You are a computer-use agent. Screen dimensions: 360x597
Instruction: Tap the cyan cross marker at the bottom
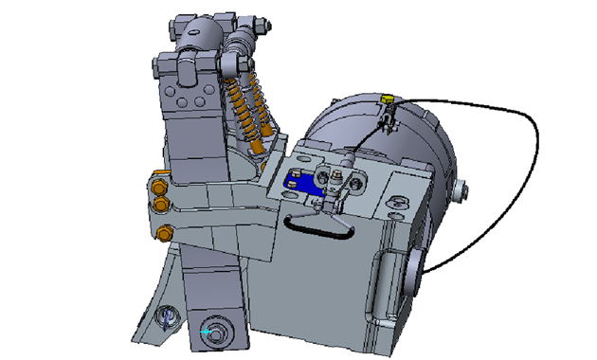click(207, 333)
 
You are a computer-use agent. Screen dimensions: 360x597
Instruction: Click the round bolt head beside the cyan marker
click(221, 331)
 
